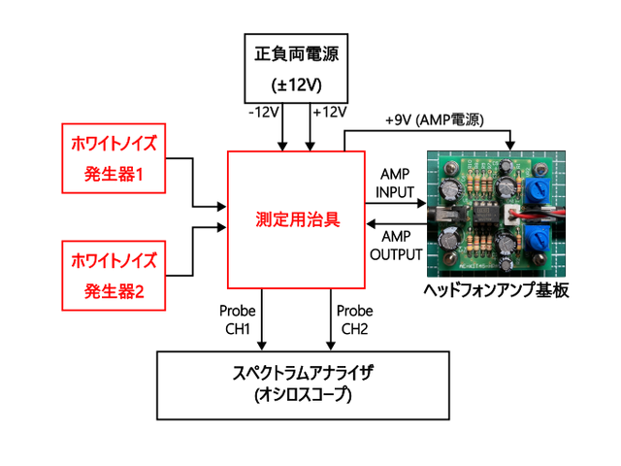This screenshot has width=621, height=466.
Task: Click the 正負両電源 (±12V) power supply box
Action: click(296, 68)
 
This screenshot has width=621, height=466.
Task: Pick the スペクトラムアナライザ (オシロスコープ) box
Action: click(302, 383)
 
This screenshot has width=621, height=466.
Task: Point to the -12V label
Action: click(263, 113)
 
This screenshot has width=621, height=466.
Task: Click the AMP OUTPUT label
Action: click(397, 247)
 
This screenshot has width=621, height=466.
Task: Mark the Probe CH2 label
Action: click(353, 319)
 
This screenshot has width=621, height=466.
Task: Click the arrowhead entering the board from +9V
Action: click(509, 147)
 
